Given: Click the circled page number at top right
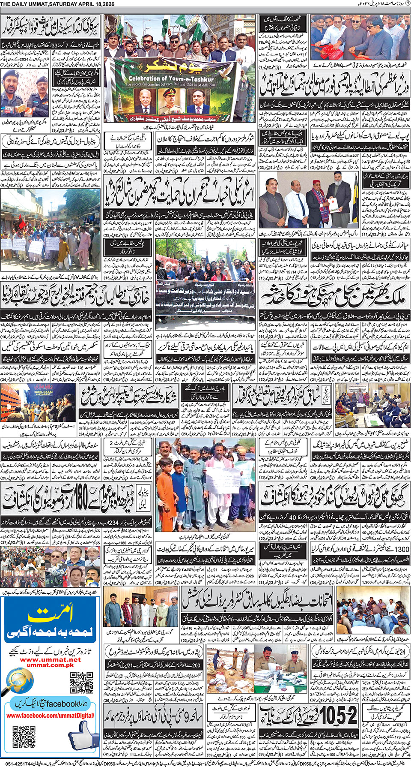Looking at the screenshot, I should click(408, 4).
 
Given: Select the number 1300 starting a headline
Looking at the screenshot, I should click(399, 549).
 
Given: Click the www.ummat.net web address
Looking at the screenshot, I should click(50, 660).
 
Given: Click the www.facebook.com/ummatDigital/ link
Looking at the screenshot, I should click(51, 715).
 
